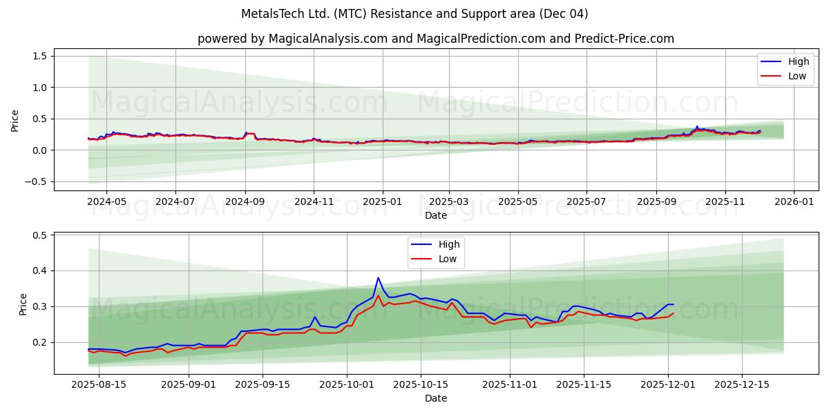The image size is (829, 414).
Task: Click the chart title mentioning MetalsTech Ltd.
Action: pyautogui.click(x=414, y=14)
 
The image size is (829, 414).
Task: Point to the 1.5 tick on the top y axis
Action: pyautogui.click(x=39, y=56)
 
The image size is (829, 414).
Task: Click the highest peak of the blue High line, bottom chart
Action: pyautogui.click(x=378, y=277)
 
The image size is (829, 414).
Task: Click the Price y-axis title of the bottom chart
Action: pyautogui.click(x=23, y=304)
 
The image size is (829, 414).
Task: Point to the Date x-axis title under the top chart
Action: pyautogui.click(x=435, y=215)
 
